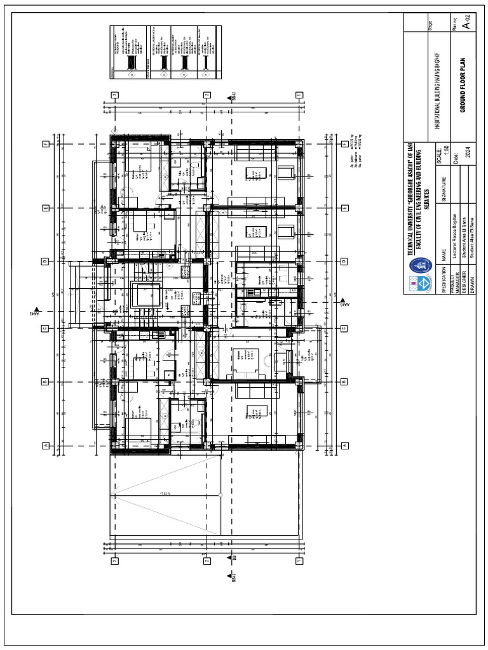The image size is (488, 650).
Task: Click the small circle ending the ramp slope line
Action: point(220,494)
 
